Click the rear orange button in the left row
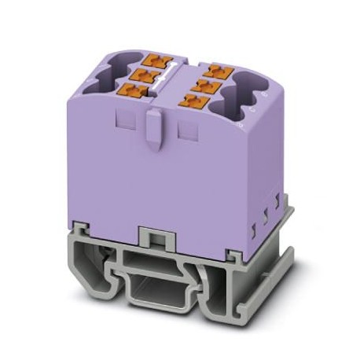tap(157, 58)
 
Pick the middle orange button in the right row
tap(203, 85)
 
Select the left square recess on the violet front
tap(123, 118)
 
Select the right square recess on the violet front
tap(186, 128)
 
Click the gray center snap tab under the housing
tap(155, 237)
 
